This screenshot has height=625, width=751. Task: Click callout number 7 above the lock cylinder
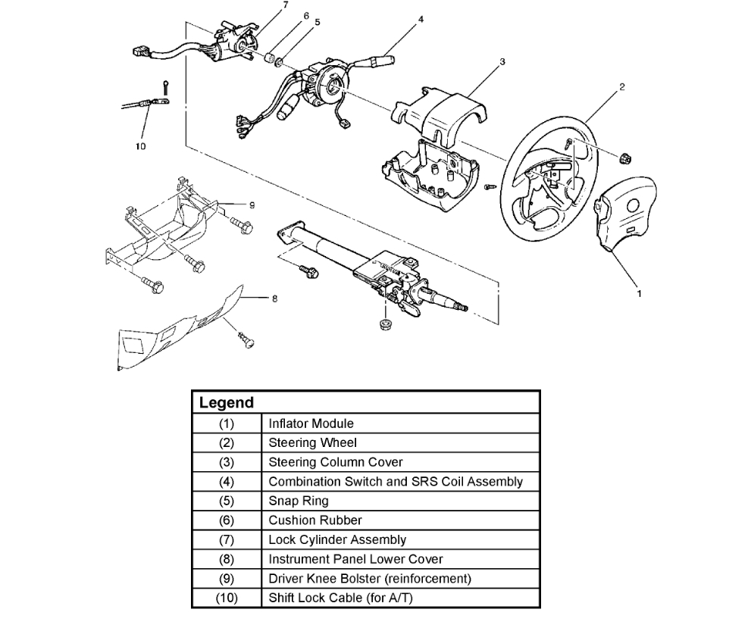(x=264, y=6)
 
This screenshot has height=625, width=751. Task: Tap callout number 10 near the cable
(x=141, y=146)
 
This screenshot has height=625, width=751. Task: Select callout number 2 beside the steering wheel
(x=621, y=87)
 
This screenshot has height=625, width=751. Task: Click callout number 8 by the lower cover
(x=274, y=298)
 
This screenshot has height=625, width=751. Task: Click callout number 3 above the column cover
(x=502, y=61)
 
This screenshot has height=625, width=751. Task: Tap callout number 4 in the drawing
(x=420, y=17)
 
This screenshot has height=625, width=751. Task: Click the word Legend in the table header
(x=226, y=403)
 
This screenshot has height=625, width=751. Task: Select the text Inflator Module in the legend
(x=311, y=423)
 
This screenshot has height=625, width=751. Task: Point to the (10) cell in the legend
(x=227, y=598)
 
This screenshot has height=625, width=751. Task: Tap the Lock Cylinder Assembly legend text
(x=337, y=539)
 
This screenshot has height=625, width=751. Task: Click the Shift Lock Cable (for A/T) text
(x=340, y=598)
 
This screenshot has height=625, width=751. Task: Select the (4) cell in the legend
(x=227, y=481)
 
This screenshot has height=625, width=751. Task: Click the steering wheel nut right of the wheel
(x=627, y=158)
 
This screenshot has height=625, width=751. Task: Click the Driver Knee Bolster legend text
(x=370, y=578)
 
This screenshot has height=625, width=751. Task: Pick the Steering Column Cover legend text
(x=336, y=462)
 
